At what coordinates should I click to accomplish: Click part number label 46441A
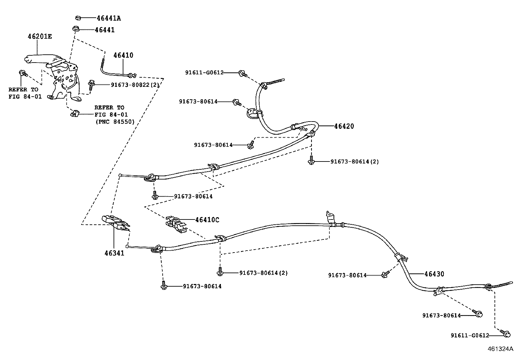coord(108,18)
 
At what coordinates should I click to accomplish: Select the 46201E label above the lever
coord(39,36)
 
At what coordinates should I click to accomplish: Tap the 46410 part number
coord(123,55)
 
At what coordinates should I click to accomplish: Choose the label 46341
coord(115,253)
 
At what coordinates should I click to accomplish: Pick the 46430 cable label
coord(434,274)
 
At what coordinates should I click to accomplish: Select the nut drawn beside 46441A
coord(78,18)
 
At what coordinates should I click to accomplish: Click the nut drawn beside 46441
coord(76,29)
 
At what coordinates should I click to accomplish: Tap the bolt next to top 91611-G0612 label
coord(243,73)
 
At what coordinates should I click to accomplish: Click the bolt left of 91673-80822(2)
coord(91,85)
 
